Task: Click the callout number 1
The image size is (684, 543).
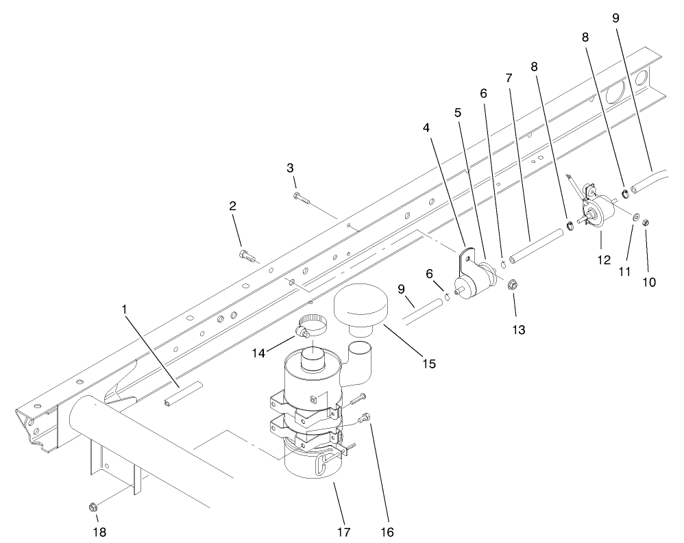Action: coord(125,310)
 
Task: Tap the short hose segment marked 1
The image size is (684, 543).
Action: coord(183,395)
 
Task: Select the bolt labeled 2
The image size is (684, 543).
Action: coord(247,255)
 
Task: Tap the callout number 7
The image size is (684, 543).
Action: coord(509,78)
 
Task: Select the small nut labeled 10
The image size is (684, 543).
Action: coord(646,223)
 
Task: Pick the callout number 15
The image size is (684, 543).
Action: coord(428,363)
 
